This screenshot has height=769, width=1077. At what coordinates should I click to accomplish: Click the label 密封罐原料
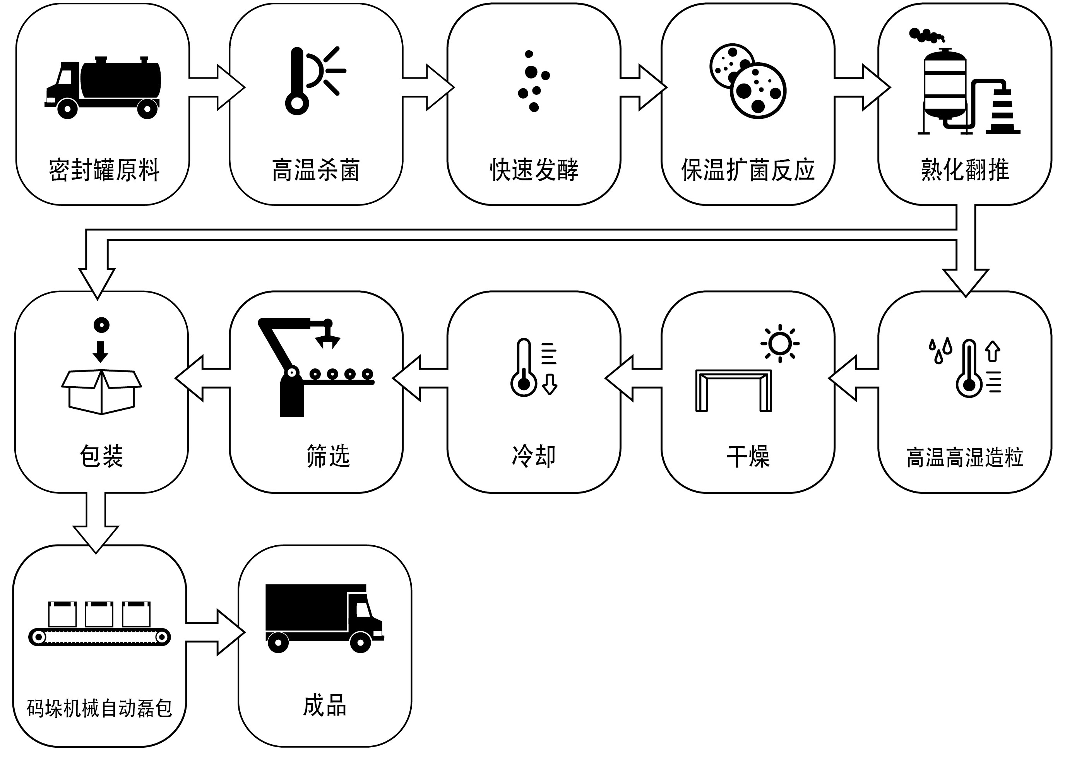tap(104, 170)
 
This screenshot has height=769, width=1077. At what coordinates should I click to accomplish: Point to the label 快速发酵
tap(534, 170)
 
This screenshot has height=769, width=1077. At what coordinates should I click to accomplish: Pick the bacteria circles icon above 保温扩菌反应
tap(748, 80)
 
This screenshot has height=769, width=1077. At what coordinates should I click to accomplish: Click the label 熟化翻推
tap(964, 170)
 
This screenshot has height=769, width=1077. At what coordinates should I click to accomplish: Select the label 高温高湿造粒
tap(964, 457)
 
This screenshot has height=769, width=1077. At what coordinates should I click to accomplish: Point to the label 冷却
tap(534, 456)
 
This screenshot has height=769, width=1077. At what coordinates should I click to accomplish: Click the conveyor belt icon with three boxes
tap(99, 623)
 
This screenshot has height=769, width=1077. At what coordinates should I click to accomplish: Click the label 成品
tap(324, 706)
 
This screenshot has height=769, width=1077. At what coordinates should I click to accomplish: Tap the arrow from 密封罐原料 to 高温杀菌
tap(216, 87)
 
